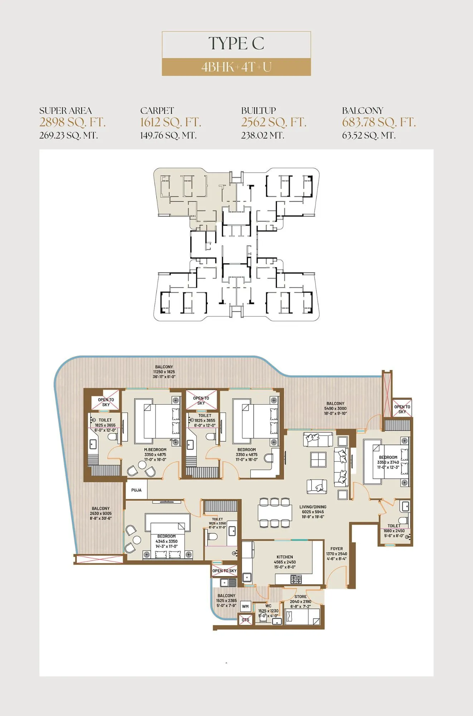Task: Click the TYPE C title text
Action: pos(236,44)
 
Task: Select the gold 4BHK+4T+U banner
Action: pos(236,67)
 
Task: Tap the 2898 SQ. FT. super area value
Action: pos(72,122)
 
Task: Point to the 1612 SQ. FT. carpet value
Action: pos(170,122)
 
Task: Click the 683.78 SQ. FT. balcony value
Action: pos(379,122)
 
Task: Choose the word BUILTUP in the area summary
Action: pos(258,110)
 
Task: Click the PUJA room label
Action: pos(136,490)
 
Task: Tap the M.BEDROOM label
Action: pos(155,450)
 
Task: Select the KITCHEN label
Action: pos(284,557)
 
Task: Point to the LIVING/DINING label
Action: pos(312,507)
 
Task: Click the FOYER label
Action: pos(336,549)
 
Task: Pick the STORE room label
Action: pos(300,597)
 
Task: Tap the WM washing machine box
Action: pos(245,606)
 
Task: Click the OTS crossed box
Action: pos(245,620)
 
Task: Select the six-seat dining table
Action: pos(274,513)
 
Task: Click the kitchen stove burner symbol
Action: pos(296,579)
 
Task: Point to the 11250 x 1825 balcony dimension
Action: pos(164,372)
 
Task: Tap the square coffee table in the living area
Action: pos(318,460)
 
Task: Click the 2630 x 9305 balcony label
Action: pos(101,513)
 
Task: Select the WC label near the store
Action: pos(268,606)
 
